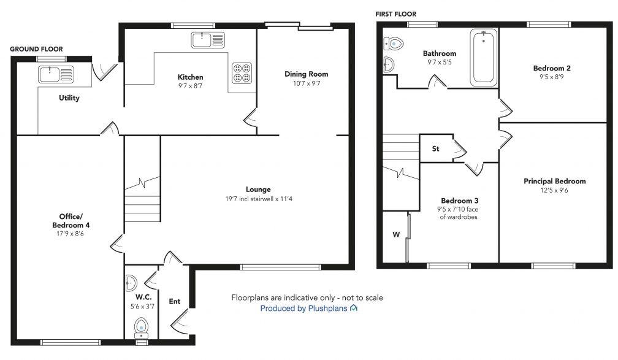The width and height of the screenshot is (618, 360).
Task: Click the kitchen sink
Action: (x=208, y=40)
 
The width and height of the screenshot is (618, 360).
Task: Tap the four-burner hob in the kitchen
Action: (x=241, y=72)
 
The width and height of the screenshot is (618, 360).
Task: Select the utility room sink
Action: (x=56, y=74)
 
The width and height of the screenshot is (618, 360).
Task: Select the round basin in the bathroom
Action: (x=388, y=64)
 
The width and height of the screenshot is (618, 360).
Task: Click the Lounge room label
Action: (x=258, y=190)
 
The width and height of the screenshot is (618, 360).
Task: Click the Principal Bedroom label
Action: (x=554, y=181)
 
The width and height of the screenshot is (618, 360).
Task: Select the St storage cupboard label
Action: (x=436, y=148)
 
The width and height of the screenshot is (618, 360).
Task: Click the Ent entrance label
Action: (x=175, y=301)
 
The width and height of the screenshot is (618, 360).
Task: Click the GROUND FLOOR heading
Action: (x=36, y=49)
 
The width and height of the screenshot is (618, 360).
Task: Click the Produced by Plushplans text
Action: (x=303, y=308)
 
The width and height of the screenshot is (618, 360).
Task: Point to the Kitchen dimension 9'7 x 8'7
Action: (x=190, y=86)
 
